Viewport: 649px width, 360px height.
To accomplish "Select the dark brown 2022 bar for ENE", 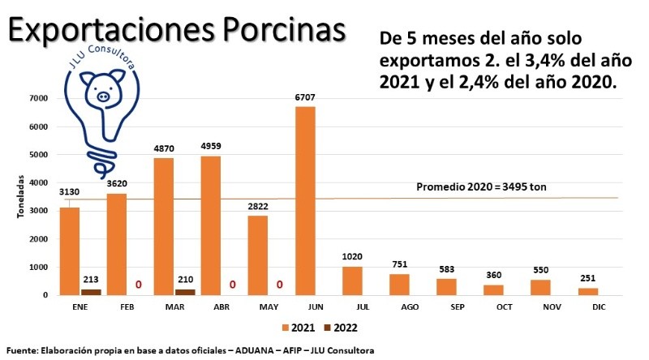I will tap(91, 292).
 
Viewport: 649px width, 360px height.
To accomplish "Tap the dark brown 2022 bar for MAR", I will tap(185, 292).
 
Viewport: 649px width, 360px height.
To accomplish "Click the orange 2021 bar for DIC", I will tap(587, 291).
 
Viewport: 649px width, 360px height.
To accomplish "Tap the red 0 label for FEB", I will tap(138, 285).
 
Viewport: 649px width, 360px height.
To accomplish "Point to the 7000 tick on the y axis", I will tap(37, 98).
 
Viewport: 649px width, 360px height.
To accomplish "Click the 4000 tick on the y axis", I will tap(37, 182).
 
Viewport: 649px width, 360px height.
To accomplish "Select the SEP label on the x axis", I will tap(446, 309).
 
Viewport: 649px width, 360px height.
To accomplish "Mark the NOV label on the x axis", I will tap(540, 309).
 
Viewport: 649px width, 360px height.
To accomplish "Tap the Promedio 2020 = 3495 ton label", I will tap(481, 187).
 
